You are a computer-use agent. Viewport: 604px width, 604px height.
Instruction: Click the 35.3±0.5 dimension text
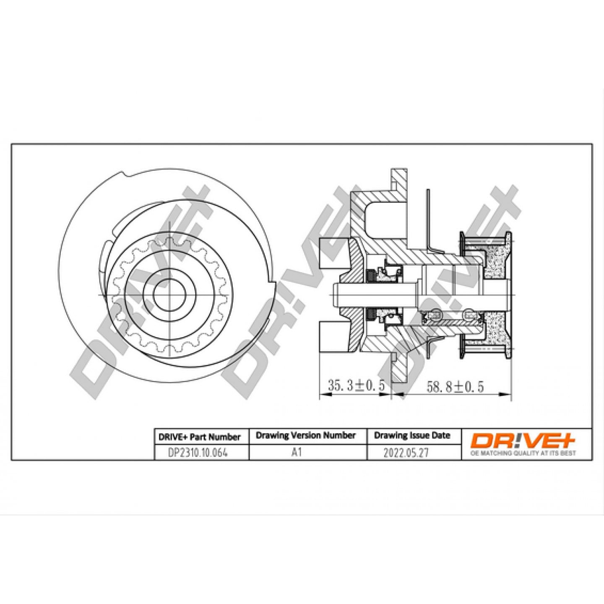pos(356,385)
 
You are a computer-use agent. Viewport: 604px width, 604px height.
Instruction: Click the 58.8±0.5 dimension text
pos(455,386)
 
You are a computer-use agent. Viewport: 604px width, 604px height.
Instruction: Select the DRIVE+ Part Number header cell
pos(200,437)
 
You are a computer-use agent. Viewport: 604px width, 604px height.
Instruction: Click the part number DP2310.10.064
pos(198,453)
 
